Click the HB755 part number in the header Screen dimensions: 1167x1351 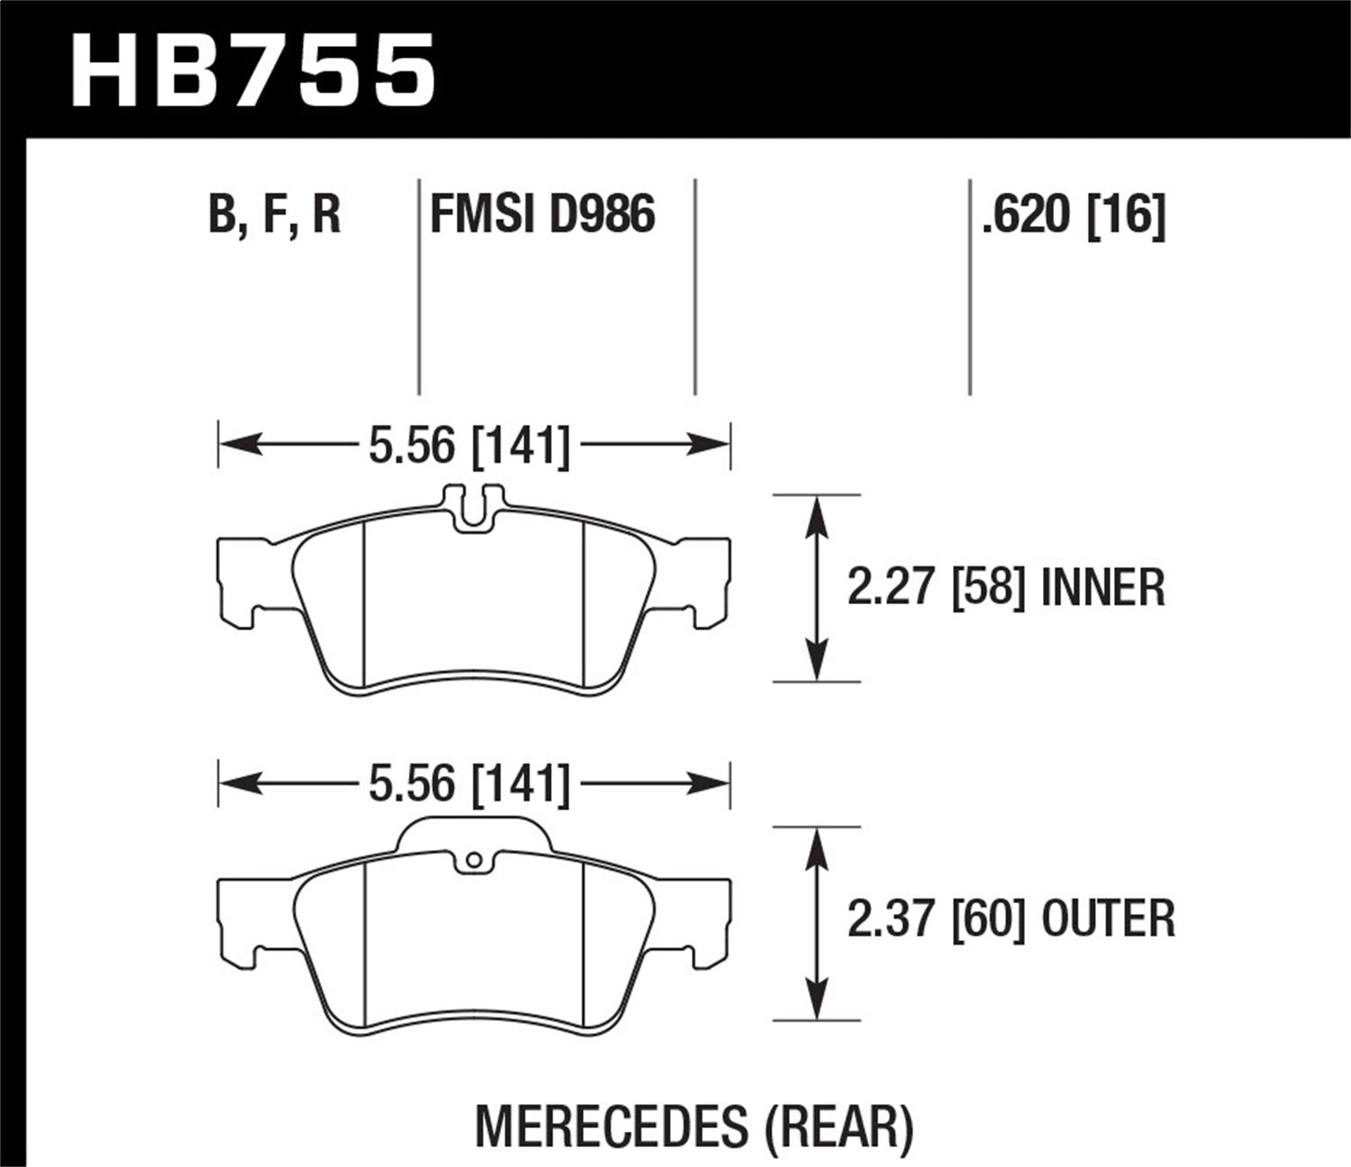click(x=253, y=70)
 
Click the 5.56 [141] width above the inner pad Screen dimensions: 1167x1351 click(x=469, y=446)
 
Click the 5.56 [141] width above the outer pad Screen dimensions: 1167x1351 click(x=469, y=784)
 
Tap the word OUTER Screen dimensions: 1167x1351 click(x=1108, y=919)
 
